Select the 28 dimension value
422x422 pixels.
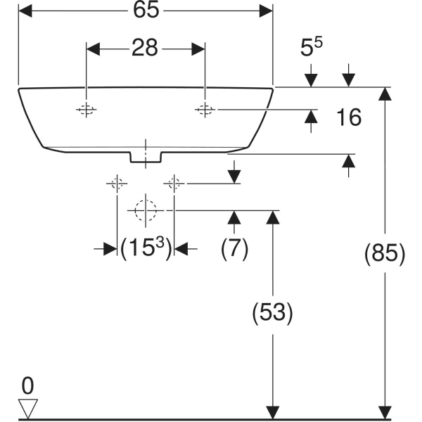coord(145,49)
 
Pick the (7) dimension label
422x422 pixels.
coord(234,248)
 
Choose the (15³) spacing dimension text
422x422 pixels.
coord(146,248)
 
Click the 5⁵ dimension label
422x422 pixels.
coord(312,49)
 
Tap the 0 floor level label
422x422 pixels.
coord(27,385)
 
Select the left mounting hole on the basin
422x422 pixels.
coord(86,110)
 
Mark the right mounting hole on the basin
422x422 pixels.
coord(205,110)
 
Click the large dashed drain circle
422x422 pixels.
coord(145,210)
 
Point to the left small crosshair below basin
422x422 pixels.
coord(116,184)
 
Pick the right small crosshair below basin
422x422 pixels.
coord(174,184)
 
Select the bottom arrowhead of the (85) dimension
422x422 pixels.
coord(384,411)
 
